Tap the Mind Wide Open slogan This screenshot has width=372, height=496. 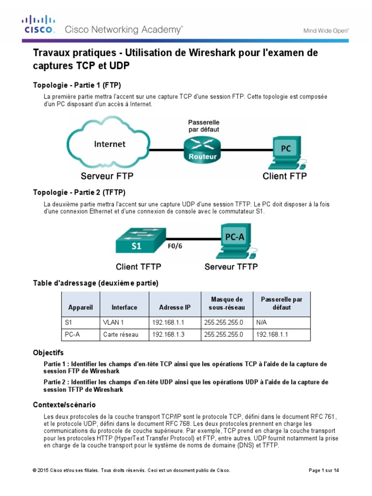click(326, 30)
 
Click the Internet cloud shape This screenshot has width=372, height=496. click(109, 144)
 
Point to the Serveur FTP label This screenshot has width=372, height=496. click(107, 176)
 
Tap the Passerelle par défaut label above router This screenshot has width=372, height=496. click(203, 126)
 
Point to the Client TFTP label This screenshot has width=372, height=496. click(139, 266)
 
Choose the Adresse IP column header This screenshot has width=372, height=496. click(174, 307)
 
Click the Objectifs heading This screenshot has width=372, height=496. click(48, 353)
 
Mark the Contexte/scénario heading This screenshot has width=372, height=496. click(64, 404)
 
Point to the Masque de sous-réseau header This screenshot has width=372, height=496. click(227, 303)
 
